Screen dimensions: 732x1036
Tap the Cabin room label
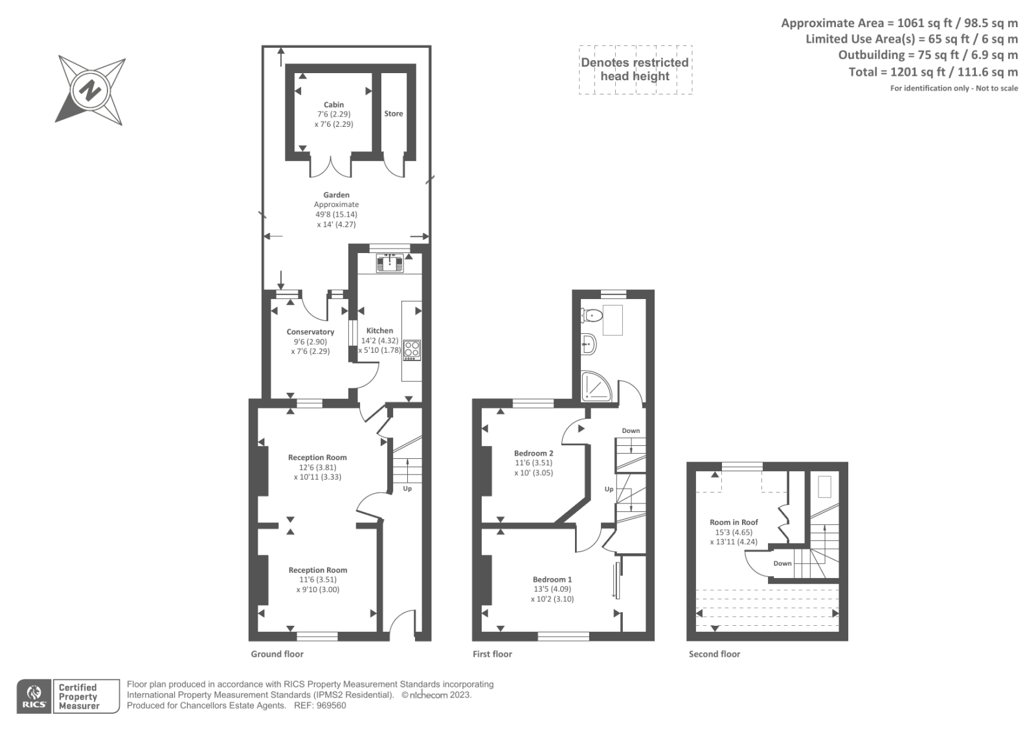coord(333,105)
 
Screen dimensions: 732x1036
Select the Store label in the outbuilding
coord(393,114)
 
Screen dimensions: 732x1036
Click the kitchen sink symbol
coord(390,263)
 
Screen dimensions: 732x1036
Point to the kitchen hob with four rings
coord(412,349)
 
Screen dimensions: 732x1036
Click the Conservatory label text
coord(310,332)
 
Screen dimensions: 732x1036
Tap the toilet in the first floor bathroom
coord(592,316)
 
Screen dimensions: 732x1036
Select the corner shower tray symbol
coord(594,386)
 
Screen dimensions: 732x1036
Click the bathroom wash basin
coord(587,344)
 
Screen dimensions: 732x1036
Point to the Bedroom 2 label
coord(534,454)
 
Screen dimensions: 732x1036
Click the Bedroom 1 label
coord(552,580)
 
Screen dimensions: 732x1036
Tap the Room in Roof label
coord(733,522)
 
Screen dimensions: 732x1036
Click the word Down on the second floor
coord(782,564)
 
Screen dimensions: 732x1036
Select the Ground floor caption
coord(277,654)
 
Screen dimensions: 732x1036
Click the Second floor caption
coord(714,654)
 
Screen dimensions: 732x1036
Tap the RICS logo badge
coord(34,696)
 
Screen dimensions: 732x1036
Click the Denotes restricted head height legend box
coord(635,70)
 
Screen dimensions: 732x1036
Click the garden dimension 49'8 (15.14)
coord(336,215)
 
